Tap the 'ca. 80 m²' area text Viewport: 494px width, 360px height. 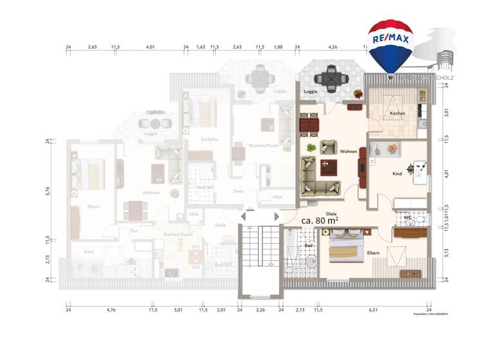coord(320,220)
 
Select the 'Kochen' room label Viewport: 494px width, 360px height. coord(398,114)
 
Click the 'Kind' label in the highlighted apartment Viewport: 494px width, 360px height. coord(398,174)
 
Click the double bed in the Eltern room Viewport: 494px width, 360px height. coord(348,249)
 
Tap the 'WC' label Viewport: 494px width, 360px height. coord(407,217)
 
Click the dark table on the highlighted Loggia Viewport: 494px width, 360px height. coord(335,79)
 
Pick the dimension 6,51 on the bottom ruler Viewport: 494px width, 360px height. coord(374,310)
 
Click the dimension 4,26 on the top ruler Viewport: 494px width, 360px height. coord(333,47)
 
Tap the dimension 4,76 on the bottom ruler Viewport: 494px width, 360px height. coord(111,310)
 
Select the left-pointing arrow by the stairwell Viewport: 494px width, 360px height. coord(245,217)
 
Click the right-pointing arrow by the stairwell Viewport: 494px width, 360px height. coord(277,217)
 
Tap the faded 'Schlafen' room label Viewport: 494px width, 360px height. coord(209,139)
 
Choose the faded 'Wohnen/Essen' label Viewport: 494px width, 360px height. coord(264,146)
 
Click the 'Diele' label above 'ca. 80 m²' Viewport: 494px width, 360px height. coord(332,212)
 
